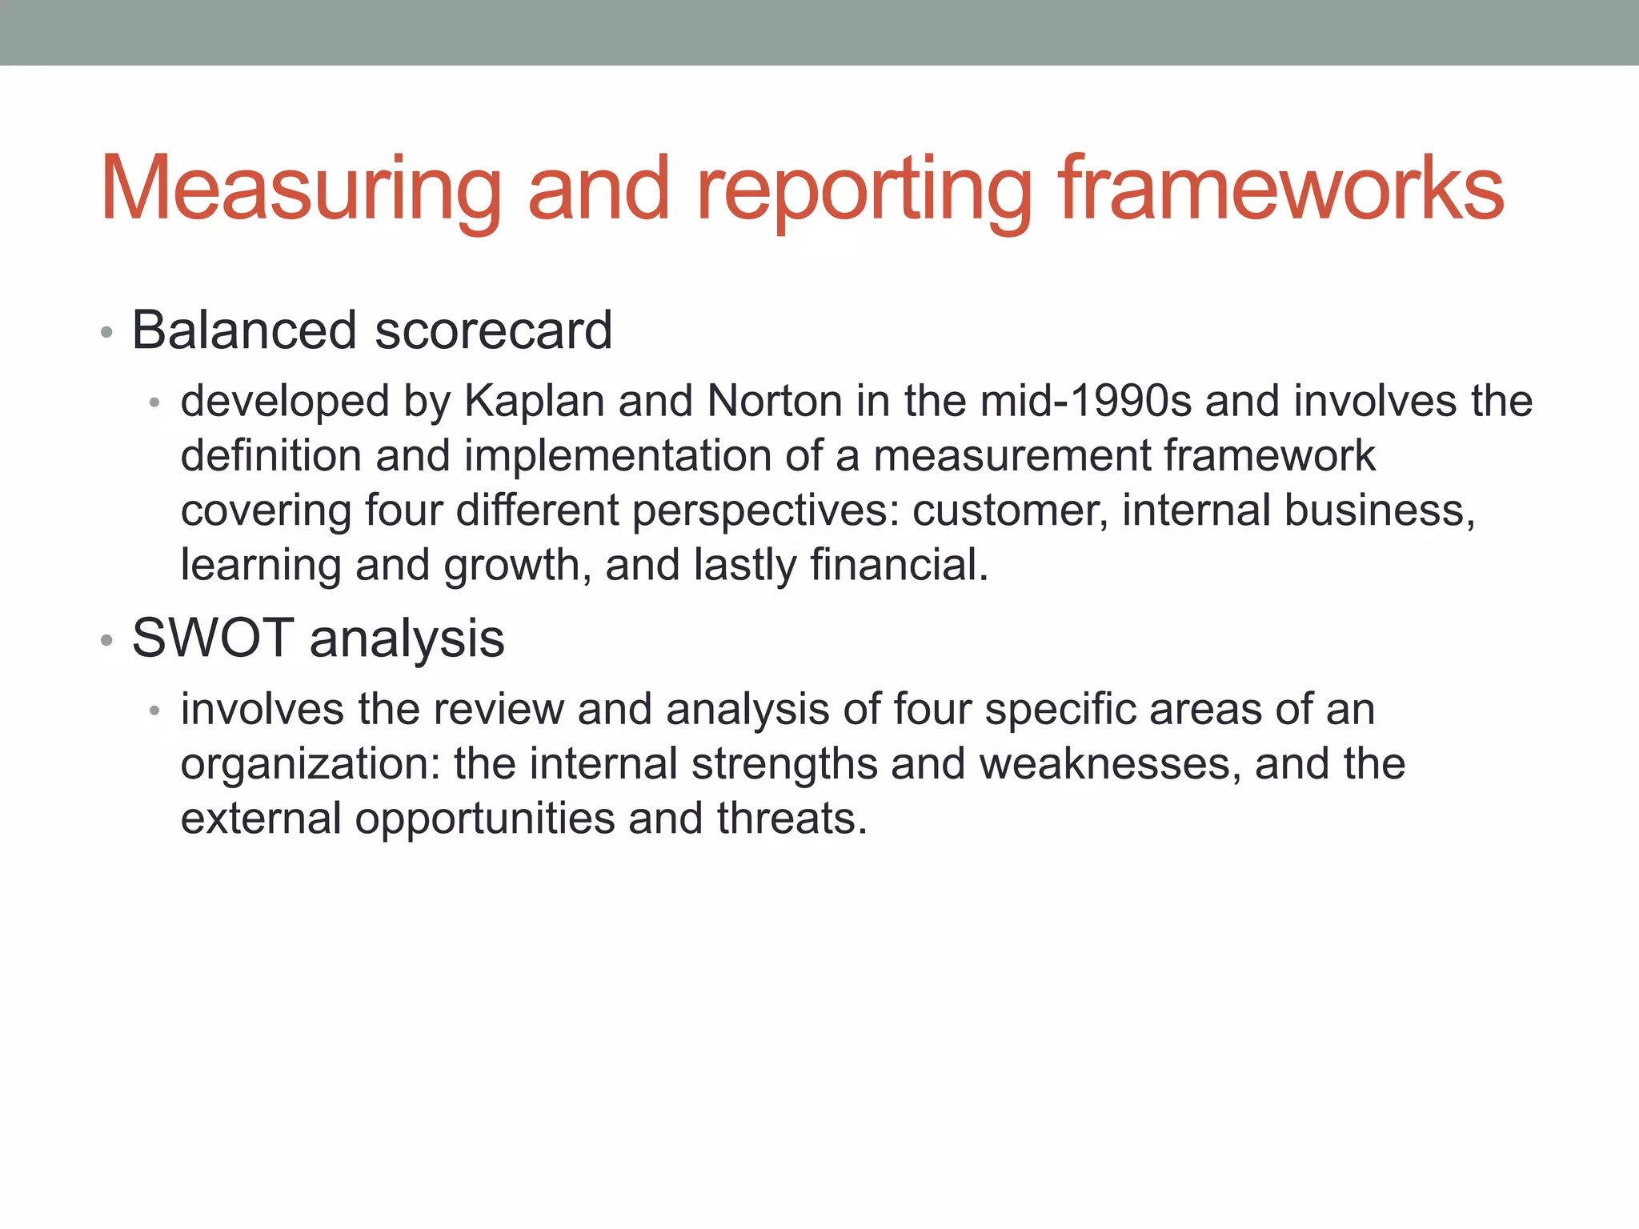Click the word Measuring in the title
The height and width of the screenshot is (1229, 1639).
[x=300, y=190]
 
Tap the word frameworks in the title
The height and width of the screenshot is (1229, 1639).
[x=1282, y=190]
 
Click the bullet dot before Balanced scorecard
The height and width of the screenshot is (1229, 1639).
[x=106, y=332]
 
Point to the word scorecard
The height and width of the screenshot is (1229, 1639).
[x=493, y=330]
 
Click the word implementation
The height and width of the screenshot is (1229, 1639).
[x=617, y=455]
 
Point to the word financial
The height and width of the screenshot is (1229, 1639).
[x=899, y=564]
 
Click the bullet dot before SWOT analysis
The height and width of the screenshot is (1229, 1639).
[x=106, y=640]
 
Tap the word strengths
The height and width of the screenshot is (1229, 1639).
[x=784, y=764]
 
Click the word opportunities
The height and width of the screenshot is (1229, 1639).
[x=484, y=819]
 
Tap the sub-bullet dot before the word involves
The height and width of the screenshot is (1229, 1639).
[x=155, y=711]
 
